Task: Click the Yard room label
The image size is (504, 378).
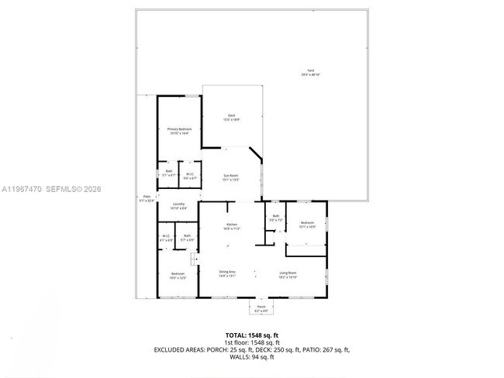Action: tap(310, 73)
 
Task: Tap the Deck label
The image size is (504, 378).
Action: tap(231, 118)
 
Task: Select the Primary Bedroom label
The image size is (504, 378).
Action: tap(180, 131)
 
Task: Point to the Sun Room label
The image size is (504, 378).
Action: tap(231, 177)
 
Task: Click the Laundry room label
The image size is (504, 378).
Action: tap(178, 206)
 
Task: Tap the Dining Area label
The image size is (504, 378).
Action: tap(227, 273)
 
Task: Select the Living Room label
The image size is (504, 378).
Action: tap(288, 273)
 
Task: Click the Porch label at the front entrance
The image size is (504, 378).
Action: tap(261, 309)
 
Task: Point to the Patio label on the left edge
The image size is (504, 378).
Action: tap(147, 198)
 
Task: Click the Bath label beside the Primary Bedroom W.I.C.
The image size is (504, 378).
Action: tap(168, 173)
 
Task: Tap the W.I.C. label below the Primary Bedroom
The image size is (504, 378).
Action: tap(190, 176)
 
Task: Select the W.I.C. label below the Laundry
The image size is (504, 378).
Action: tap(165, 237)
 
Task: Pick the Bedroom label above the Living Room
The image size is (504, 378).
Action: tap(307, 225)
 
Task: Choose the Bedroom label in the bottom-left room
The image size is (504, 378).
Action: tap(178, 276)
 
